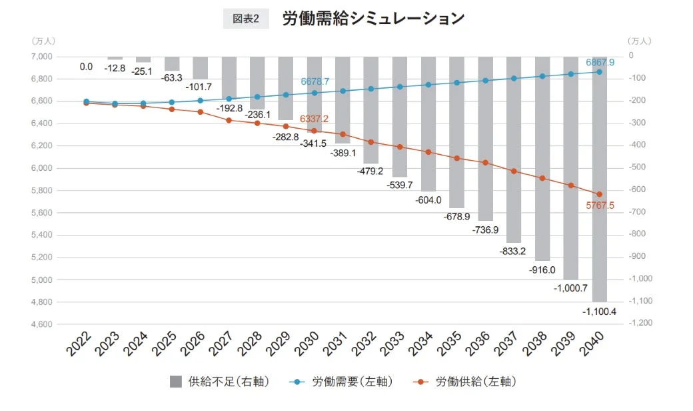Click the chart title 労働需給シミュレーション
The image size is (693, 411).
[373, 19]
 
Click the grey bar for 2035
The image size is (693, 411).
[456, 133]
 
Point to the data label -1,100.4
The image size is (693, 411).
[599, 311]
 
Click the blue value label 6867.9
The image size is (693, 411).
[600, 62]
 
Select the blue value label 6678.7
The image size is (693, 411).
[315, 81]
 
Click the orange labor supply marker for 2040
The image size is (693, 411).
[599, 194]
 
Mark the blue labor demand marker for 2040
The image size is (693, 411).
[599, 71]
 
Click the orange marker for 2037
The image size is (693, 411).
[514, 171]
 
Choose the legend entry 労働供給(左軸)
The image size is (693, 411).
[466, 382]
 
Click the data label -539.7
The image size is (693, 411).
[400, 183]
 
